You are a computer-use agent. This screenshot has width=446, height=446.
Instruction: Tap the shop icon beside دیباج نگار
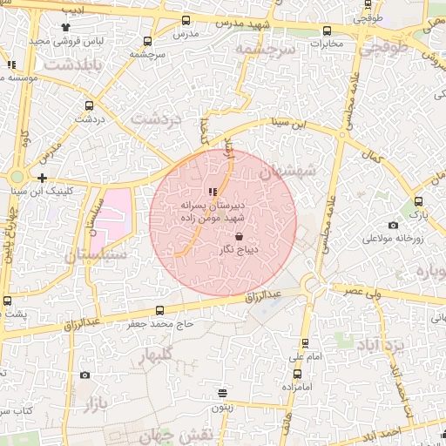click(240, 235)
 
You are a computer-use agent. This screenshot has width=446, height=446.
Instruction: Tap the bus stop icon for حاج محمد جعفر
click(159, 310)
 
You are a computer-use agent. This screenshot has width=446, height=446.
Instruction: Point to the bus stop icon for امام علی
click(304, 344)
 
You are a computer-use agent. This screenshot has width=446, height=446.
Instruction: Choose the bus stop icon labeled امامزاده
click(298, 374)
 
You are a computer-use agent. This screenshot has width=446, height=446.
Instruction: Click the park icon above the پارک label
click(419, 202)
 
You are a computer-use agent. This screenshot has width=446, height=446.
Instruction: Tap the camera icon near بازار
click(84, 375)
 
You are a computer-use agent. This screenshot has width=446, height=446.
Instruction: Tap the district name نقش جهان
click(190, 436)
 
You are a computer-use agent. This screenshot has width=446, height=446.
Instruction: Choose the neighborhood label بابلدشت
click(73, 65)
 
